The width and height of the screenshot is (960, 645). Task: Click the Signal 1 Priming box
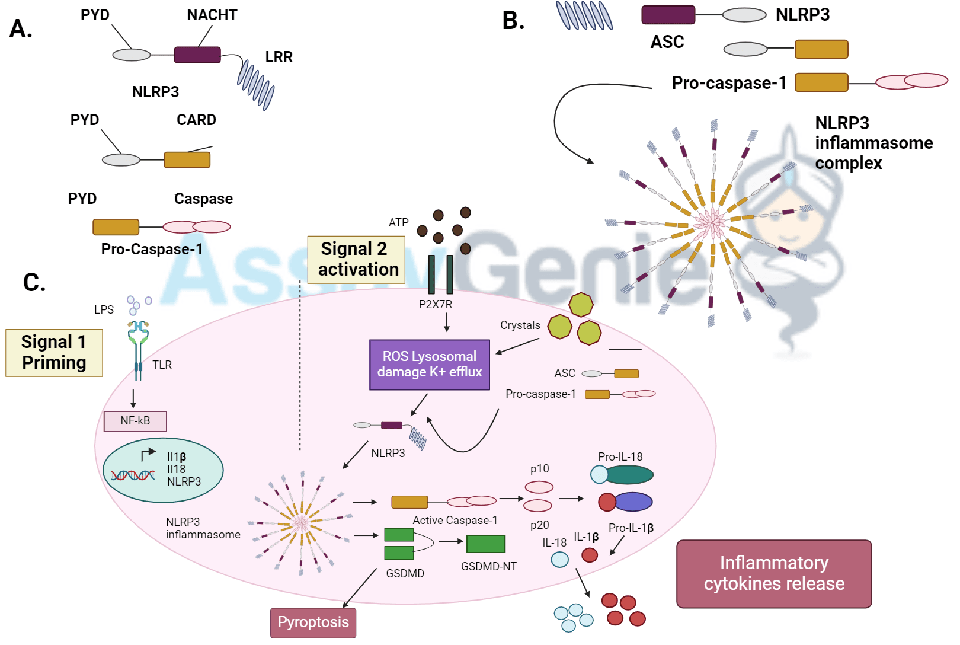[54, 353]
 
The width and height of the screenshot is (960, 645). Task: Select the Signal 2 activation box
[356, 260]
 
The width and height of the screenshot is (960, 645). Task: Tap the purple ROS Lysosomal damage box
[430, 365]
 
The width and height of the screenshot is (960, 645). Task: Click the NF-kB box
[135, 421]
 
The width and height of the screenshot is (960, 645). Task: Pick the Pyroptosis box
[313, 622]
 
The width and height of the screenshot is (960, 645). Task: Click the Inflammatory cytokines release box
[774, 573]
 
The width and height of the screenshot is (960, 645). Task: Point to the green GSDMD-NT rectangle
[486, 544]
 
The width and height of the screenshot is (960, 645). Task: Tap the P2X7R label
[435, 304]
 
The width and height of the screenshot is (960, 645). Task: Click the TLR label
[162, 365]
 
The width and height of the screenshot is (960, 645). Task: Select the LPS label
[104, 309]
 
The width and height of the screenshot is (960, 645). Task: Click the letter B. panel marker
[513, 21]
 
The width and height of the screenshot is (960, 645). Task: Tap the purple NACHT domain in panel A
[197, 55]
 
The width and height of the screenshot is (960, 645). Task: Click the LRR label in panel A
[279, 57]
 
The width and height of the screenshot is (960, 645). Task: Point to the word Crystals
[520, 325]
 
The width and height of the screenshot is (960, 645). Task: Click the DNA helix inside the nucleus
[133, 475]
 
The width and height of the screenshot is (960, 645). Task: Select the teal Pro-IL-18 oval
[629, 474]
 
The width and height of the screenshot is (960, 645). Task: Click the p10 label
[539, 468]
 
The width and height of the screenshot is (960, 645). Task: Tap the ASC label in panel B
[667, 42]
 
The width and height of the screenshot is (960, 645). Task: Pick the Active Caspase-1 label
[455, 520]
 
